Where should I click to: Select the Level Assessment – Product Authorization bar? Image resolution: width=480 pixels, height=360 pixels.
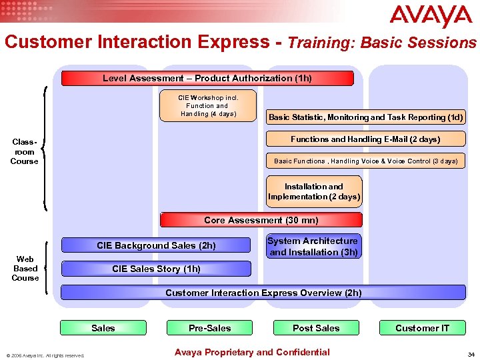[x=207, y=79]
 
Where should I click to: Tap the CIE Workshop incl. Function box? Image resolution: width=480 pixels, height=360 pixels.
[x=208, y=105]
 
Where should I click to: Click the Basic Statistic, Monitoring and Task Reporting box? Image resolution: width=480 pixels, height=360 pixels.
[x=365, y=117]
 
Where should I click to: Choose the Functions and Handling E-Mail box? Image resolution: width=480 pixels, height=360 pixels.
[x=365, y=139]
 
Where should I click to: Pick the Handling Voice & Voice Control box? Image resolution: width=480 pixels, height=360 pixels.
[x=365, y=161]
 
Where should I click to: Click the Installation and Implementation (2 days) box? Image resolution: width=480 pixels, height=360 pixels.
[x=314, y=192]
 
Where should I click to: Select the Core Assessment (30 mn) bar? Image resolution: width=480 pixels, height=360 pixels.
[x=261, y=220]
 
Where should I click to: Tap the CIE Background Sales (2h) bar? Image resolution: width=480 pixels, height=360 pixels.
[x=157, y=245]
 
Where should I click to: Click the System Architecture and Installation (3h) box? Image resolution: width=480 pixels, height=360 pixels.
[x=313, y=247]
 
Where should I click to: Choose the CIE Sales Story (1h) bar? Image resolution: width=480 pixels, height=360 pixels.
[x=157, y=269]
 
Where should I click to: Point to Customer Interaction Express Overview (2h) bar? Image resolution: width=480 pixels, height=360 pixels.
[x=263, y=293]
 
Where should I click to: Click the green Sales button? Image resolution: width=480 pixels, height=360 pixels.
[x=103, y=328]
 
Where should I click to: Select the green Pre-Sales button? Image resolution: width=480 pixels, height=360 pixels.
[x=209, y=328]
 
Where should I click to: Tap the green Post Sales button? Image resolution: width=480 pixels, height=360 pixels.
[x=316, y=328]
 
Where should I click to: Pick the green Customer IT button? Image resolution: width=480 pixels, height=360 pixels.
[x=422, y=328]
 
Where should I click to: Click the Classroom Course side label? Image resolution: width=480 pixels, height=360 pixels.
[x=24, y=151]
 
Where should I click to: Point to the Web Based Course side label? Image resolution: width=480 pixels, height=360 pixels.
[x=25, y=268]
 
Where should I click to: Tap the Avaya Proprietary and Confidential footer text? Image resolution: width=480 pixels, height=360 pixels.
[x=251, y=352]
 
